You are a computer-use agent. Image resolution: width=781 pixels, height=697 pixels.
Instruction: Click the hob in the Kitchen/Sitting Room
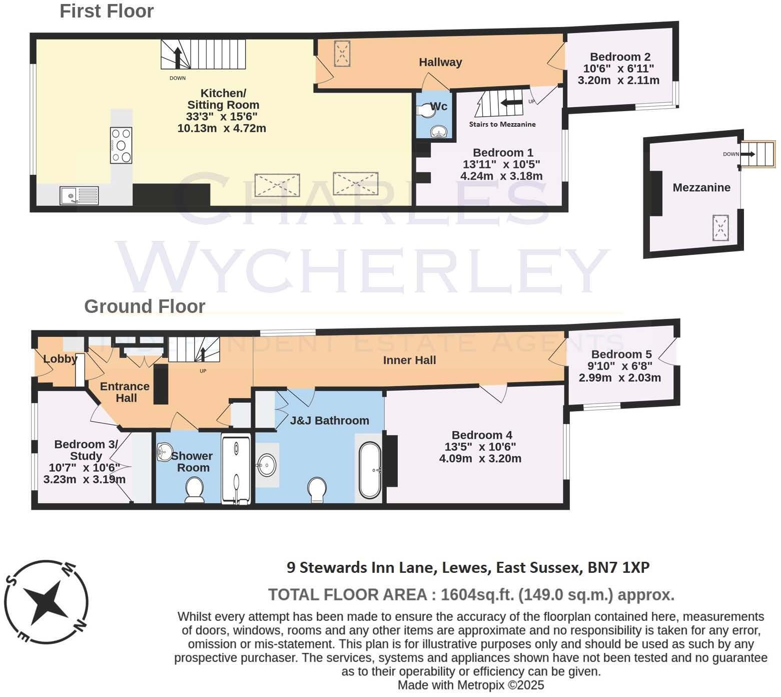coord(121,145)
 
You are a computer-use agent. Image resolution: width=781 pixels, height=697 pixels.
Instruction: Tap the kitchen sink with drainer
coord(80,195)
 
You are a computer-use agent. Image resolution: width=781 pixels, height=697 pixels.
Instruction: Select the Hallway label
coord(440,62)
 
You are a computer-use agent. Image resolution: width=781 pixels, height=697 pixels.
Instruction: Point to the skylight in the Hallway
coord(342,53)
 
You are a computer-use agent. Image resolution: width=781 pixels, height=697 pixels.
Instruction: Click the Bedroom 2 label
coord(619,57)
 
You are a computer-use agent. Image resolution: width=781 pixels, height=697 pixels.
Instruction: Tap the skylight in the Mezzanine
coord(720,228)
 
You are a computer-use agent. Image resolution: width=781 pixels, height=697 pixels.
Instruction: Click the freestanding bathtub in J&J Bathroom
coord(370,470)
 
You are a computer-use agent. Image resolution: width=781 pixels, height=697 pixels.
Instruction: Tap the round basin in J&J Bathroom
coord(266,466)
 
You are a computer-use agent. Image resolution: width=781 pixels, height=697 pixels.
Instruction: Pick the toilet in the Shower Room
coord(194,489)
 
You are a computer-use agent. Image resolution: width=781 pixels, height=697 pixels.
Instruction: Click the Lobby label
coord(60,359)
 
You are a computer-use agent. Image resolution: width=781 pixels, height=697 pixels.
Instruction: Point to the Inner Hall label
coord(409,360)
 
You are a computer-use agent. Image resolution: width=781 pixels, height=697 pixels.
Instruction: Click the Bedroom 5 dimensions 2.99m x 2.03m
coord(619,378)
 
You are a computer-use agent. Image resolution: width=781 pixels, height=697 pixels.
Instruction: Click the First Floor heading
coord(107,11)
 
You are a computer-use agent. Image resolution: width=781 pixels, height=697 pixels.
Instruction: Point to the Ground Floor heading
coord(145,306)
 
